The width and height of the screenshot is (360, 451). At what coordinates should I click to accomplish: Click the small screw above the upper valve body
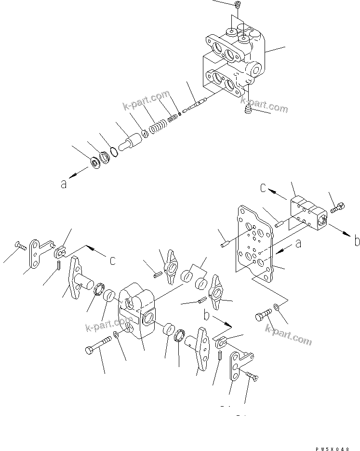(237, 5)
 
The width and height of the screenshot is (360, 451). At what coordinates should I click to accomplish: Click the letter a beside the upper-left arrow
(64, 184)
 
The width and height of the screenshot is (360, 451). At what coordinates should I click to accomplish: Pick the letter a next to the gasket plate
(298, 244)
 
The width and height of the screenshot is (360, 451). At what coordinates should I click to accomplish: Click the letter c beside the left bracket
(112, 260)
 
